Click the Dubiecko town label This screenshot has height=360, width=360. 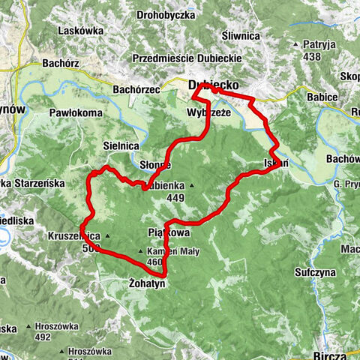click(213, 86)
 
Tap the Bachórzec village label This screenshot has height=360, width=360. click(136, 90)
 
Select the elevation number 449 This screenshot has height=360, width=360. click(175, 199)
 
